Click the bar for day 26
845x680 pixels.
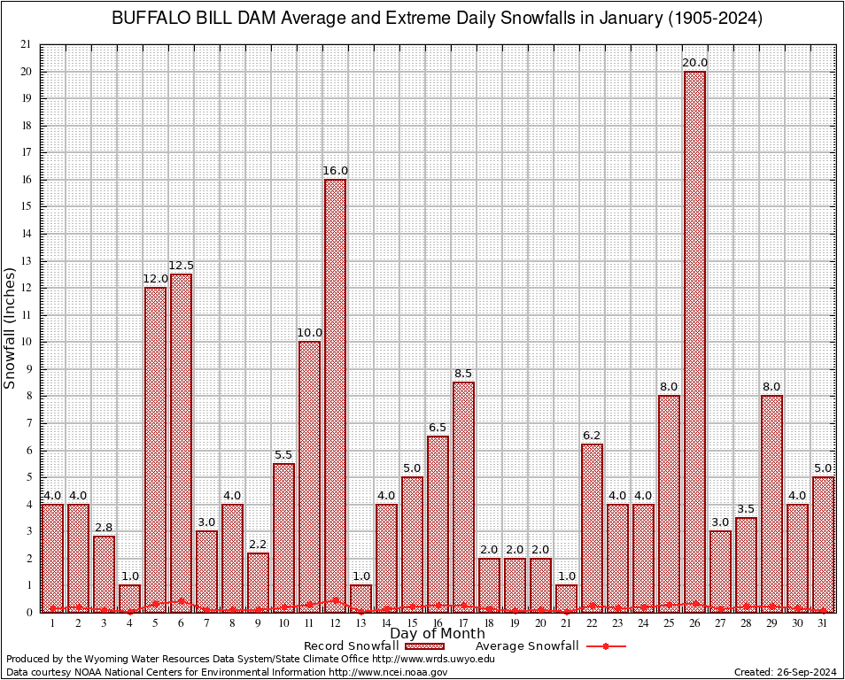coord(695,341)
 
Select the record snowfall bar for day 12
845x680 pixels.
coord(335,395)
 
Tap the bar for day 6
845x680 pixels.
coord(181,443)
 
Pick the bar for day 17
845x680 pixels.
coord(463,497)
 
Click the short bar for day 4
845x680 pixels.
coord(129,599)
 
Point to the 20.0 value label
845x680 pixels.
coord(695,63)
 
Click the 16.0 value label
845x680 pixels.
coord(335,171)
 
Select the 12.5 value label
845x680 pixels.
coord(181,266)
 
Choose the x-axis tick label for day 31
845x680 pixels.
coord(824,623)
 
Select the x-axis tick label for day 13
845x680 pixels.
coord(360,623)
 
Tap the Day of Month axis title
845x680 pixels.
coord(437,634)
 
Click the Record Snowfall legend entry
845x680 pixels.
coord(351,646)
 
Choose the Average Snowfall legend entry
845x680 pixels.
coord(526,646)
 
